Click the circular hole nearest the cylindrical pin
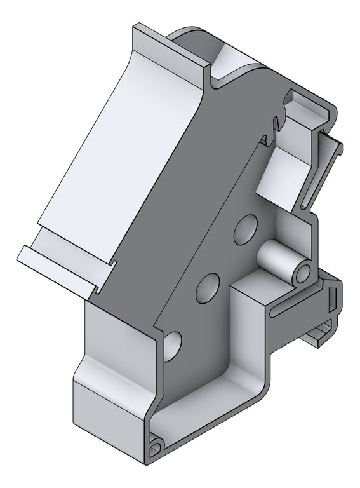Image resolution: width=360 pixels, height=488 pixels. pos(245,229)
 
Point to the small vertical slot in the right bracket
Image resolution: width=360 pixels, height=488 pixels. pos(331,296)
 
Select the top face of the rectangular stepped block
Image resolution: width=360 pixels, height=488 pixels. pos(254,289)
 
